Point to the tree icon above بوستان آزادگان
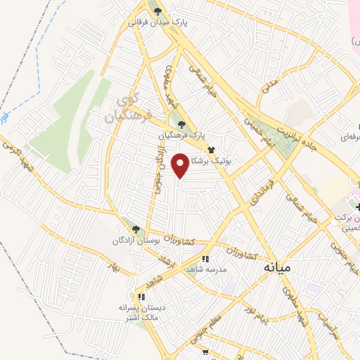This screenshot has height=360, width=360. click(x=136, y=229)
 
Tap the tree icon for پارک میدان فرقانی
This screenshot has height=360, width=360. click(x=158, y=11)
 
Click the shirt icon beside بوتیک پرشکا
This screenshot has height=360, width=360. click(x=211, y=150)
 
